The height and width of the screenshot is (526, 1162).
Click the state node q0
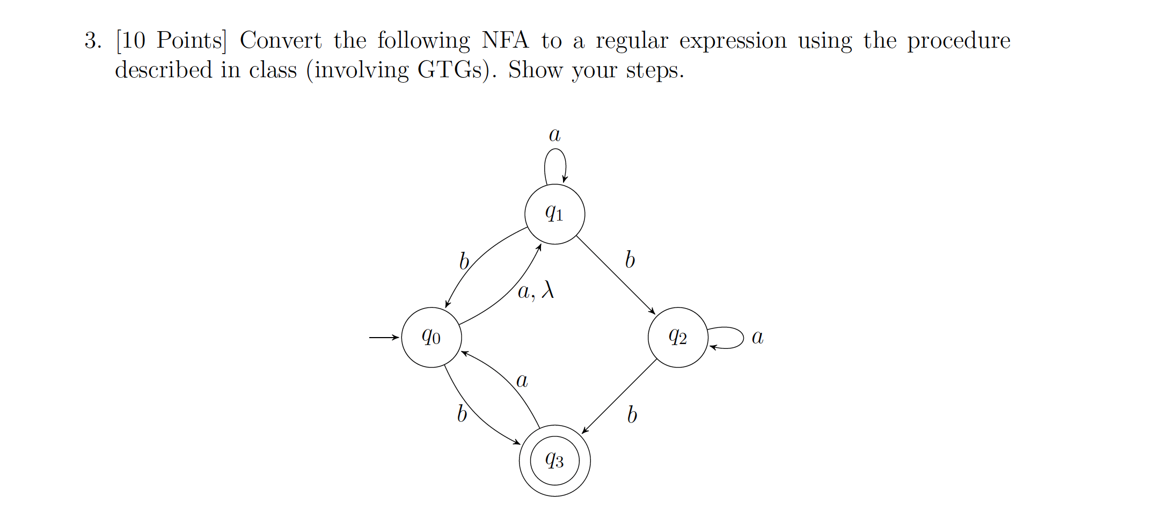click(431, 337)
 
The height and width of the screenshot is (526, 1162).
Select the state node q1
click(554, 214)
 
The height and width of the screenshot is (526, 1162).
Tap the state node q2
click(678, 337)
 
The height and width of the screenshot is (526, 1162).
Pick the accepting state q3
click(554, 461)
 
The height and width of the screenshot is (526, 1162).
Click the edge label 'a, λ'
click(535, 290)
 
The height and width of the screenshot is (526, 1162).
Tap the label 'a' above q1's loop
click(554, 134)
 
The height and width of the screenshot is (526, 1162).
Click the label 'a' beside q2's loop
click(757, 337)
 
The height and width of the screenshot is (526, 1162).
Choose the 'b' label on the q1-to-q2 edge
click(630, 260)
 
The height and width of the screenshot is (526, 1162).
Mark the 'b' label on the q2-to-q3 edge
click(632, 414)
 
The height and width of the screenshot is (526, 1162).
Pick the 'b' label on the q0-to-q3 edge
click(462, 413)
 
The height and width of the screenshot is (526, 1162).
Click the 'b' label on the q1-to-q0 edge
click(464, 261)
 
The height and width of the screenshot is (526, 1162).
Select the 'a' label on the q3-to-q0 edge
click(522, 381)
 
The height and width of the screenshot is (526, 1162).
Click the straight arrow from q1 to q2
click(616, 275)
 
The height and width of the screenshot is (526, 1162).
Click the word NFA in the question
click(505, 40)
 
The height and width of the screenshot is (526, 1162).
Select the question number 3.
click(92, 41)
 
